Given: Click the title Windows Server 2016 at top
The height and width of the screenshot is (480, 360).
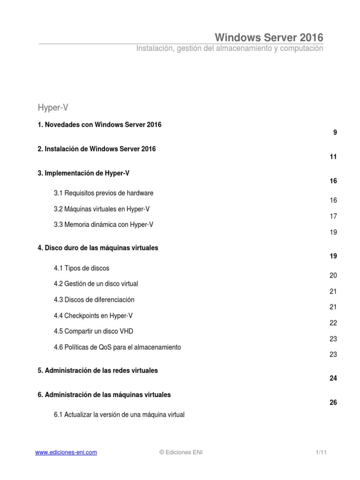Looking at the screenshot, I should (269, 37).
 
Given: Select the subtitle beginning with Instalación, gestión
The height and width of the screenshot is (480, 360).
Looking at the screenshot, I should (230, 49).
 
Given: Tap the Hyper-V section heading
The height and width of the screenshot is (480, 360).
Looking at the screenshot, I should (53, 108).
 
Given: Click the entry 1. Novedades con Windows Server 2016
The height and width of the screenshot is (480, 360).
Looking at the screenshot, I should (99, 125).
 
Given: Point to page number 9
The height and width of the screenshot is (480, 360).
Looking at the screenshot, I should (335, 133).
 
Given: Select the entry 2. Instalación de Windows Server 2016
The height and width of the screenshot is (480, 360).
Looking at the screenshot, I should (97, 149).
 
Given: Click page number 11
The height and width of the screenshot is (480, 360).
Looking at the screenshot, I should (333, 157).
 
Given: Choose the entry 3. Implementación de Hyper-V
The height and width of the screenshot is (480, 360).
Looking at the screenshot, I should (83, 173).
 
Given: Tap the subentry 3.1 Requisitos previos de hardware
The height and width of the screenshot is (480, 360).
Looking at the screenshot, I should (104, 193).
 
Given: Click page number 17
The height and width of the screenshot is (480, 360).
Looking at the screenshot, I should (333, 217).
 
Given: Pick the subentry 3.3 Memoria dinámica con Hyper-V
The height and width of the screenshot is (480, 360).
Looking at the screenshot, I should (104, 225).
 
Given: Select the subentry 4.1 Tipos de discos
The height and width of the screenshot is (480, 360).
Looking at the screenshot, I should (82, 268).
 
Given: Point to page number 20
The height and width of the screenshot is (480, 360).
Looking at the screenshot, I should (333, 276).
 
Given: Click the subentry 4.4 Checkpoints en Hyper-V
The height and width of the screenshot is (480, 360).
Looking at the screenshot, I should (96, 315).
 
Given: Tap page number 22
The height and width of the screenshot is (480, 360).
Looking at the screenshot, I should (333, 323).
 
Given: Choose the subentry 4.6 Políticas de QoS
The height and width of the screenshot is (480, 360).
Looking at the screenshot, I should (117, 347).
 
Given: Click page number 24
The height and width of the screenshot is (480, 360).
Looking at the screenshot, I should (333, 378).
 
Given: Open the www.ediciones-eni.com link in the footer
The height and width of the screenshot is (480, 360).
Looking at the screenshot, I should (66, 452).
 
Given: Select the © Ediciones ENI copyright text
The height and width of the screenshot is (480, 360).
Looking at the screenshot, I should (181, 452).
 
